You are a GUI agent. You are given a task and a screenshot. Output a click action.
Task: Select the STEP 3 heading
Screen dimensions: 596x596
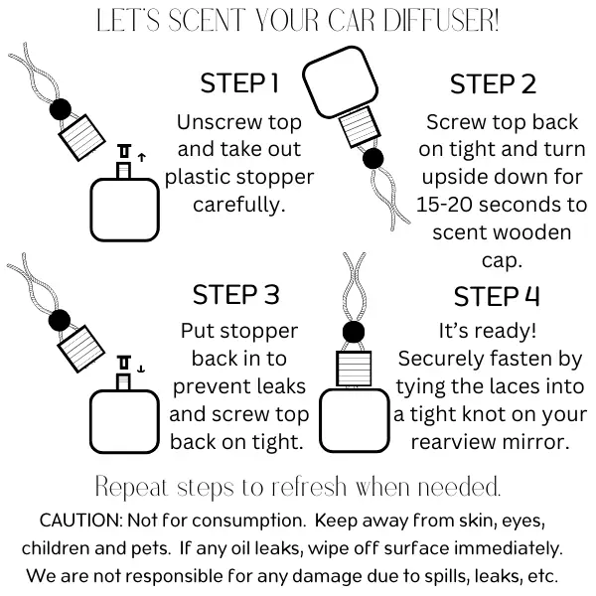click(236, 295)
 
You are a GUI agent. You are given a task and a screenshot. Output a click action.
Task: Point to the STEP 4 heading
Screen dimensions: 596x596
click(498, 296)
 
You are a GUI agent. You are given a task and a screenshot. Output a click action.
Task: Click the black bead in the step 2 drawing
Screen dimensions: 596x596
click(374, 158)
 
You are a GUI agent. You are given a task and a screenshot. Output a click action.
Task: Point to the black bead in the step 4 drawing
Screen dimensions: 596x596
click(353, 332)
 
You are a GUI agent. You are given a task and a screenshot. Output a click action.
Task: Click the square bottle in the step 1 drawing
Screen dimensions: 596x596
click(124, 206)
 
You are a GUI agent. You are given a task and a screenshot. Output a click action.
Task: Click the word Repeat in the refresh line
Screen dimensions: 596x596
click(130, 488)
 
